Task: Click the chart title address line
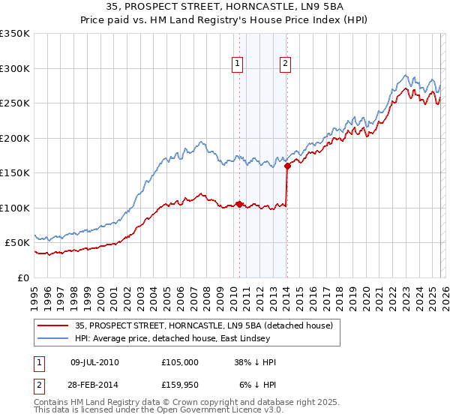(225, 7)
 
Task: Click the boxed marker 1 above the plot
(238, 64)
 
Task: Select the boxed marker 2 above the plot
(286, 64)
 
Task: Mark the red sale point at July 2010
(239, 204)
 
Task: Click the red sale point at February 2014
(287, 166)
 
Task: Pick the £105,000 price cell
(179, 362)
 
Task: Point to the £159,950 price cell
(179, 385)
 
